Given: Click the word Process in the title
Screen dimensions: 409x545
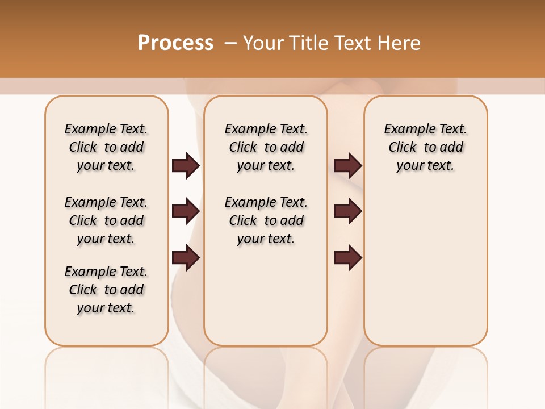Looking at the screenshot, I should [x=175, y=43].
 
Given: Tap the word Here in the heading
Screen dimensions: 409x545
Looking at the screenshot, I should [x=400, y=43].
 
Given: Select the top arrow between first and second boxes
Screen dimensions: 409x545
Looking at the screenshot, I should [x=186, y=166].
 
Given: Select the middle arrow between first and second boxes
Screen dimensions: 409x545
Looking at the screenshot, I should [x=186, y=211].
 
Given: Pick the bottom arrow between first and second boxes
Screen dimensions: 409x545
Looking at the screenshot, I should [x=186, y=258].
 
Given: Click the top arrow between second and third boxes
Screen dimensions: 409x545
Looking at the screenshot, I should [x=347, y=166].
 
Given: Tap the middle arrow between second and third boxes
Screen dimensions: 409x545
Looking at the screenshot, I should [x=347, y=211].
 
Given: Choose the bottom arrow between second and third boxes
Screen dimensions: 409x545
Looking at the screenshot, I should [x=347, y=258].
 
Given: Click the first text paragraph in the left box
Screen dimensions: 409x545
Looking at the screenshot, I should [x=106, y=147].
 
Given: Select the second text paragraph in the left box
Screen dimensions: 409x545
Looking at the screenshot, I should [x=106, y=220].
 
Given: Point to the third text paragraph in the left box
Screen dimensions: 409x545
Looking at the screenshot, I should [x=106, y=290].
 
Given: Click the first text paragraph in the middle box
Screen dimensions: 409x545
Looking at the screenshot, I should [x=266, y=147].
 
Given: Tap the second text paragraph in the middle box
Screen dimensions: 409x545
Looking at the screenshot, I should [x=266, y=220].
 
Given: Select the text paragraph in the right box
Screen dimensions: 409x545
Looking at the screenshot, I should [x=425, y=147].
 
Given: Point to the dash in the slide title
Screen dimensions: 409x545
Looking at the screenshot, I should [x=230, y=43].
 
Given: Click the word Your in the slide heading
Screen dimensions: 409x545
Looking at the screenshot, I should [x=264, y=43].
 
